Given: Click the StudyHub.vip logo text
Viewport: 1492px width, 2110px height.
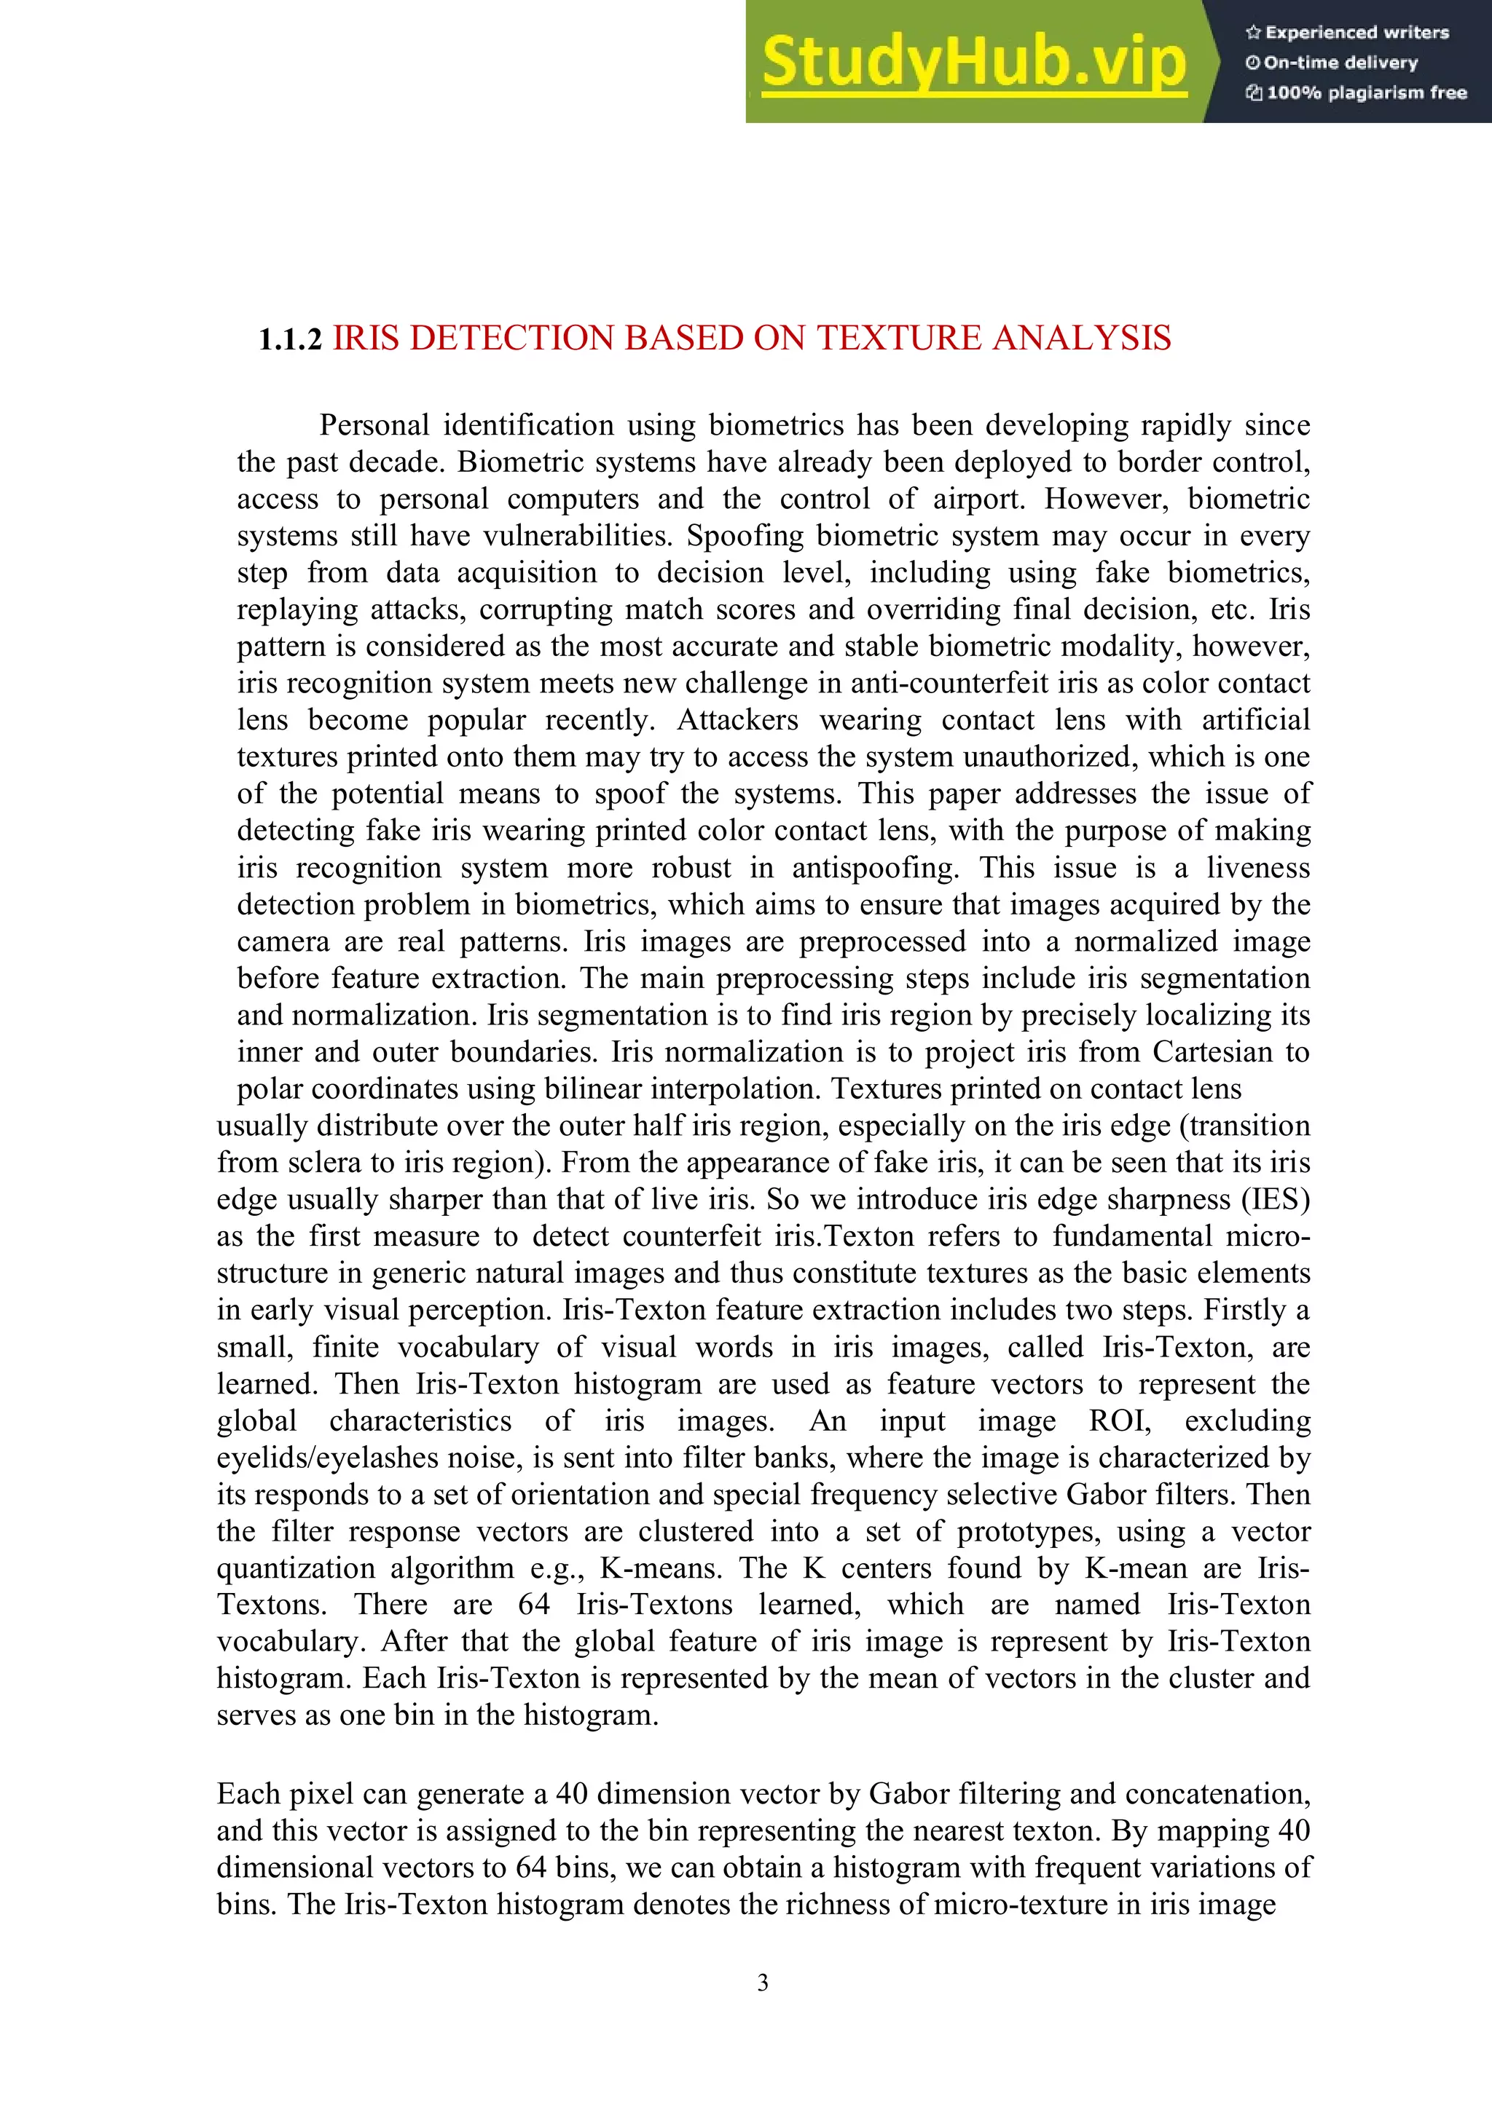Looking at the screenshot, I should pyautogui.click(x=973, y=62).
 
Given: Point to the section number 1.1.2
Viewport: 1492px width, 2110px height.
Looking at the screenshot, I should pyautogui.click(x=291, y=340).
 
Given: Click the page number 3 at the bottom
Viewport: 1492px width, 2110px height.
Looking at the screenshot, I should pyautogui.click(x=762, y=1983).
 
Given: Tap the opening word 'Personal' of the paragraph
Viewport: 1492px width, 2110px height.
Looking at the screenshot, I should pyautogui.click(x=374, y=425).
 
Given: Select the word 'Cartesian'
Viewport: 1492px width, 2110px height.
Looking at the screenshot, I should pyautogui.click(x=1212, y=1051).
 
